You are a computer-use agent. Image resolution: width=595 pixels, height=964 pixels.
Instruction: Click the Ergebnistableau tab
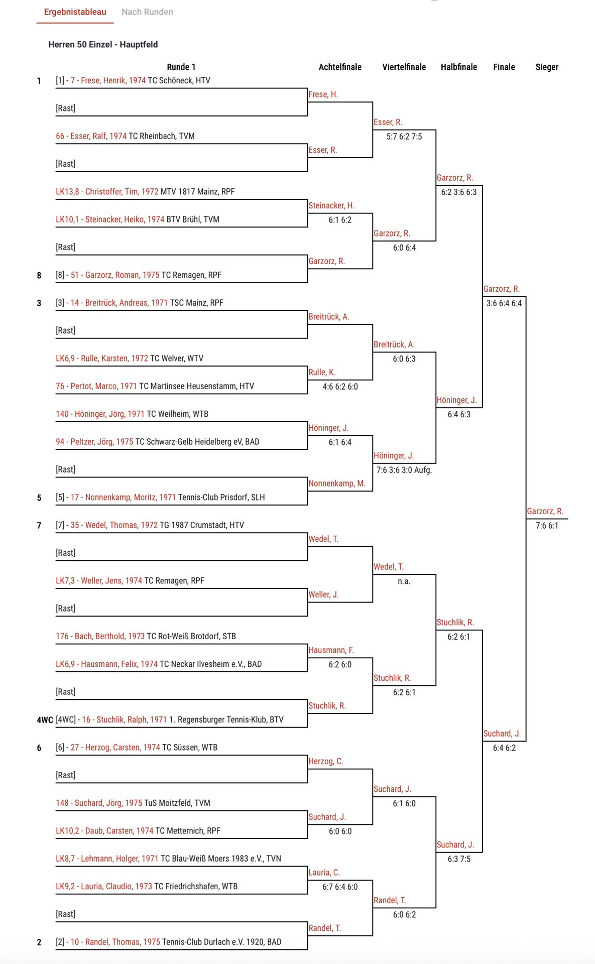(x=75, y=12)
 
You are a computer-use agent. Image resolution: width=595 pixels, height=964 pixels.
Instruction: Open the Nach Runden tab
(x=147, y=12)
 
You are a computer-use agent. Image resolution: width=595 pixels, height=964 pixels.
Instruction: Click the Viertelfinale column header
(x=404, y=67)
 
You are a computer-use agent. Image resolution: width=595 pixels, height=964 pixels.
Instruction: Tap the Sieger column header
(x=547, y=67)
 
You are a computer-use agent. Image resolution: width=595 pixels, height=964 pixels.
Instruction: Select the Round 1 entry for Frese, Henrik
(x=133, y=81)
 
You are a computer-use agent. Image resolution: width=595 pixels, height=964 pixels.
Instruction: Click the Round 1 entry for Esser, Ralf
(x=125, y=136)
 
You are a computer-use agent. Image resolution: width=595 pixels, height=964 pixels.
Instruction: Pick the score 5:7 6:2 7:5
(x=404, y=137)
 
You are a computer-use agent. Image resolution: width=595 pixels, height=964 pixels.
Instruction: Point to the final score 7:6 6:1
(x=547, y=526)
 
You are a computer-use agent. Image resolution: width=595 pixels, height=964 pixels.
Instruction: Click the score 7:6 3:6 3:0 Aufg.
(x=404, y=470)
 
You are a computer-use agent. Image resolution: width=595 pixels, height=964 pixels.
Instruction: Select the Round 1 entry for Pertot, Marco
(x=155, y=386)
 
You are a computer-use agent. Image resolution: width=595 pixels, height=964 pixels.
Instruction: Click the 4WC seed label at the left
(x=45, y=720)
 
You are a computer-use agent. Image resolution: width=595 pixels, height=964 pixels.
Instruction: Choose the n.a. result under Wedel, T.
(x=404, y=581)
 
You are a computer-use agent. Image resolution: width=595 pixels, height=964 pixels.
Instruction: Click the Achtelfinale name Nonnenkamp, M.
(x=337, y=484)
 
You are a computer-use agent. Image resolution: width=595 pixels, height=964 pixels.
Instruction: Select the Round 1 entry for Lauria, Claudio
(x=147, y=886)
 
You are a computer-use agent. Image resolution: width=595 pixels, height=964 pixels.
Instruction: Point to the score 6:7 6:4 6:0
(x=340, y=887)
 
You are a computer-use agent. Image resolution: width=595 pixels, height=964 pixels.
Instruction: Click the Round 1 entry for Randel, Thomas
(x=169, y=942)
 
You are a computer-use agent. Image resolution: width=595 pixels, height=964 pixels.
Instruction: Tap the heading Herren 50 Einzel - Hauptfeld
(x=103, y=45)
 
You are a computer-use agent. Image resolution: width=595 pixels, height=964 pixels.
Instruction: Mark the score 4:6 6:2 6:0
(x=340, y=387)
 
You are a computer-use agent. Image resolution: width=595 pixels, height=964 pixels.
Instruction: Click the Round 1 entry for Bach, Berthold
(x=146, y=636)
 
